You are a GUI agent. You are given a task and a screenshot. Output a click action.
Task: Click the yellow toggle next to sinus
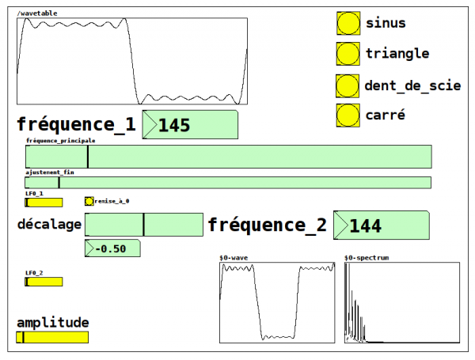click(348, 23)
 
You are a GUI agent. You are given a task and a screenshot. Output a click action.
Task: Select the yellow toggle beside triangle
click(348, 54)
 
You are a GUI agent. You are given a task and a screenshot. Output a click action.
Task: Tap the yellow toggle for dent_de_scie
click(348, 85)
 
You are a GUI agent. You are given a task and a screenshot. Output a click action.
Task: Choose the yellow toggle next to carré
click(348, 115)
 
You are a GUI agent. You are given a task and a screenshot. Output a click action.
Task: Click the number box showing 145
click(191, 125)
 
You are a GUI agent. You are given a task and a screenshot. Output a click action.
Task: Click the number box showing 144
click(382, 225)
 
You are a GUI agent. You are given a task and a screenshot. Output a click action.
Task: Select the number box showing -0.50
click(112, 248)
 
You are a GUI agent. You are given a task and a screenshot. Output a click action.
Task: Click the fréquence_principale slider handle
click(88, 157)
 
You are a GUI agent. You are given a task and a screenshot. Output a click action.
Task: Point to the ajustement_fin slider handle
click(59, 183)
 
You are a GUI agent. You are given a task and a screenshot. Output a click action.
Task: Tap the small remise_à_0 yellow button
click(89, 201)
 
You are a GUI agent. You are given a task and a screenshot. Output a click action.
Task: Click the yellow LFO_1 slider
click(44, 203)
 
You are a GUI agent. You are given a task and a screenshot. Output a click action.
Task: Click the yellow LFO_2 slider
click(44, 281)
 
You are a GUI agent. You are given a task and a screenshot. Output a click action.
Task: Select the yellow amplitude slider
click(52, 337)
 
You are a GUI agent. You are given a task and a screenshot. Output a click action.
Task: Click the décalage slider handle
click(143, 224)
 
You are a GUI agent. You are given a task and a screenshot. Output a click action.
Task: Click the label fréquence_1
click(76, 125)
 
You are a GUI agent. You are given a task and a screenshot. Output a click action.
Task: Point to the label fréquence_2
click(267, 225)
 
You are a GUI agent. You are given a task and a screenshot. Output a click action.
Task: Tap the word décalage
click(49, 225)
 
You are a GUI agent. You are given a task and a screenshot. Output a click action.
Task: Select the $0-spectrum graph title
click(367, 258)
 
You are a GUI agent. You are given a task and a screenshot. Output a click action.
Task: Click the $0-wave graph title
click(234, 258)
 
